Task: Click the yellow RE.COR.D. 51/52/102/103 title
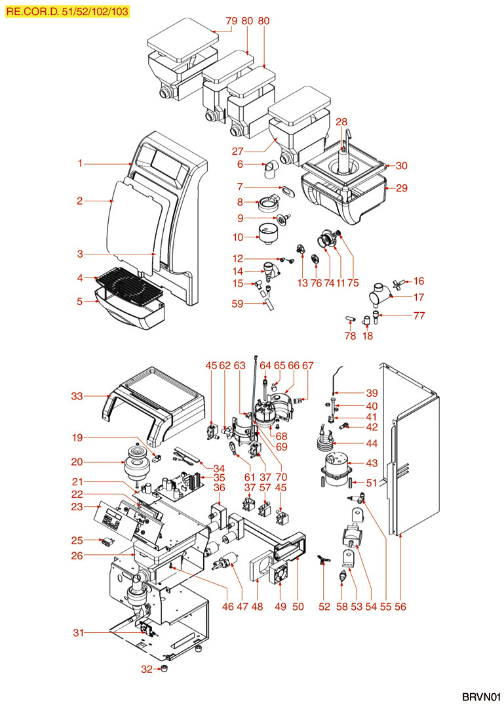(x=66, y=11)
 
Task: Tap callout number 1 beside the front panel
(x=80, y=163)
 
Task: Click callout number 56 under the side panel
(x=400, y=607)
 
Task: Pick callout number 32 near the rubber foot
(x=146, y=669)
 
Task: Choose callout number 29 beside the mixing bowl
(x=402, y=188)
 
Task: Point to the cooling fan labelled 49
(x=281, y=573)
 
